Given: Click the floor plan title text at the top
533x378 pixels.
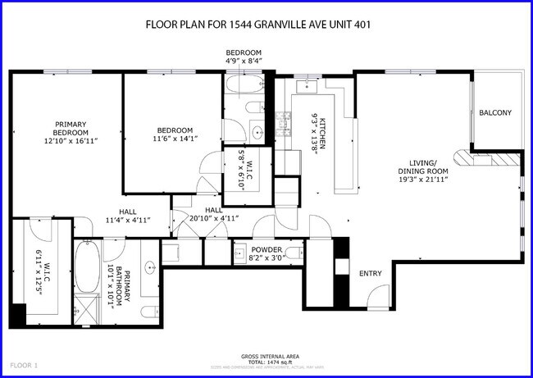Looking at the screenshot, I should tap(257, 24).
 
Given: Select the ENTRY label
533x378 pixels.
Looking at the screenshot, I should tap(371, 274).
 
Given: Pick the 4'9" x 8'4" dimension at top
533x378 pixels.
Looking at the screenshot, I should tap(244, 60).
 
